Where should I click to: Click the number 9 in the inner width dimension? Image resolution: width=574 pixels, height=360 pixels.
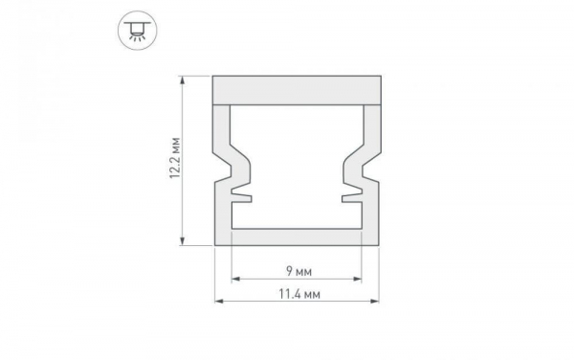[288, 269]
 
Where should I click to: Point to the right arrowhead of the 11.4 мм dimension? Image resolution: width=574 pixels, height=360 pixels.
[377, 303]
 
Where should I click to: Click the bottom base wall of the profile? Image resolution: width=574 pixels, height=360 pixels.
[296, 236]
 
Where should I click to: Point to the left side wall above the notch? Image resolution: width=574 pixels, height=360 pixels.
[221, 129]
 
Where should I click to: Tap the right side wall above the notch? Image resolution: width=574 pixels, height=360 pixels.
[372, 129]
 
